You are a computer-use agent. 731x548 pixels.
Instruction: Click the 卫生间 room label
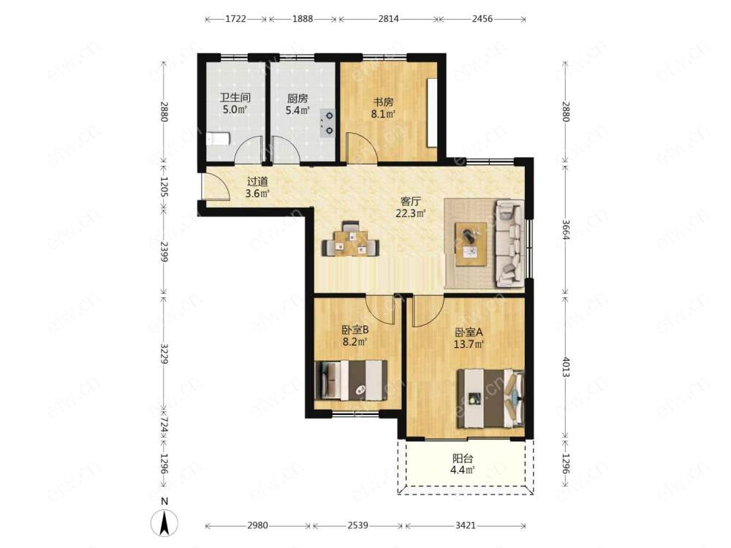coord(235,98)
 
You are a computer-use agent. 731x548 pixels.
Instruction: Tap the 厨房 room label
coord(298,99)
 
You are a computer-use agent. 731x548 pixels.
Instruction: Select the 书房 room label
coord(383,102)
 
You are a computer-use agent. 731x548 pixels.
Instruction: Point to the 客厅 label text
coord(411,202)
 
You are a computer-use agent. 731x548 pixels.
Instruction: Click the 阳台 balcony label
coord(463,458)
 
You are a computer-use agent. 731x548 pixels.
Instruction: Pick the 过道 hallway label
coord(257,180)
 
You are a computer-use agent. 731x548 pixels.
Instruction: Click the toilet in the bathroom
coord(218,138)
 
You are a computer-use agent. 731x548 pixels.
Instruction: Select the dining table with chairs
coord(351,239)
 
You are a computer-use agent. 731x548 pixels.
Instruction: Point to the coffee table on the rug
coord(471,244)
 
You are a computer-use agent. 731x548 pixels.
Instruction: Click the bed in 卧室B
coord(351,380)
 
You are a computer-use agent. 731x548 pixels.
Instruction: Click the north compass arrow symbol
coord(164,523)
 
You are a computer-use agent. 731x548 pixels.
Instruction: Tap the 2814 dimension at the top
coord(388,19)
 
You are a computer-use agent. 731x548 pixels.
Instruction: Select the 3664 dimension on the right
coord(566,229)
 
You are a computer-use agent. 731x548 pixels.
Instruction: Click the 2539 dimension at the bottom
coord(357,525)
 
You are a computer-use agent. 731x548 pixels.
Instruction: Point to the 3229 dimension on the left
coord(164,354)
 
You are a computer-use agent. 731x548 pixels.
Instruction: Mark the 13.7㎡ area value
coord(469,344)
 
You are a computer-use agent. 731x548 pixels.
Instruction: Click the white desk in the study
coord(432,113)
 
